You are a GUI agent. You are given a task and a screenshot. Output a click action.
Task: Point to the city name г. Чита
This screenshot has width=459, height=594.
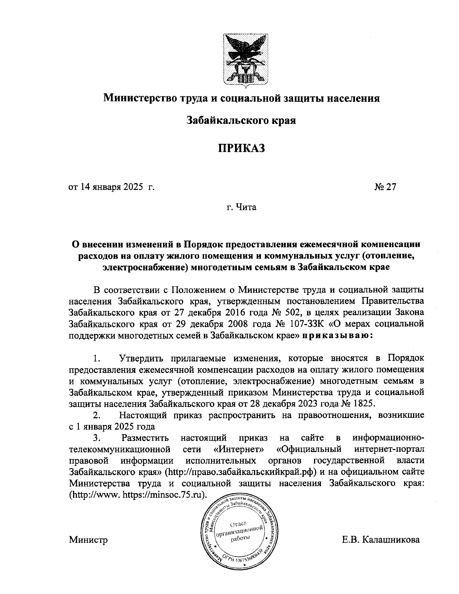click(x=241, y=208)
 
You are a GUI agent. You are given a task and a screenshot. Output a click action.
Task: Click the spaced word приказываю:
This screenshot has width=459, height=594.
click(x=336, y=336)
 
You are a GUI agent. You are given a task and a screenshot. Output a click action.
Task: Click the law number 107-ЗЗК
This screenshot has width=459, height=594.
click(x=306, y=324)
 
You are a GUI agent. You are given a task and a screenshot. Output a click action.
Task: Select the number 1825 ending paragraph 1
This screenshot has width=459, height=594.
click(x=365, y=404)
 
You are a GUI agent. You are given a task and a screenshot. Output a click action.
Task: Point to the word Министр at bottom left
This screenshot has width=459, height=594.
click(x=88, y=540)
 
